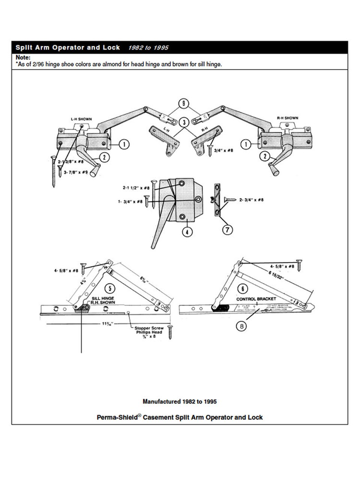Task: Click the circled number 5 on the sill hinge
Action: (x=111, y=288)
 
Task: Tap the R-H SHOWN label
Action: (x=288, y=118)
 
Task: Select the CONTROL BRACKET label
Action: (x=257, y=299)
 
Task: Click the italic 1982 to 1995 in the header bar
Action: (x=148, y=48)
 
